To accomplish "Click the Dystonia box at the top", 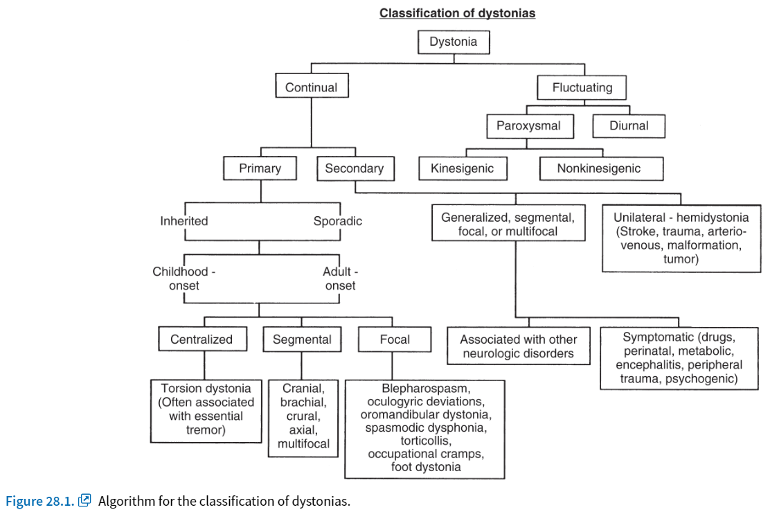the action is click(x=454, y=42).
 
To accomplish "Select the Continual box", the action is click(x=312, y=85).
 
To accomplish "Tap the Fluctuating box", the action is click(x=582, y=87).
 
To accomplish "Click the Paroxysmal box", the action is click(x=528, y=126).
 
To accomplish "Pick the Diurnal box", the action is click(x=629, y=126).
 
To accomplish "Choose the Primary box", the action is click(x=260, y=168).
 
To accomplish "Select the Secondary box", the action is click(x=355, y=168).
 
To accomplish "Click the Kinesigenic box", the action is click(x=463, y=168).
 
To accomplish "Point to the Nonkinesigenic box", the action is click(x=601, y=168).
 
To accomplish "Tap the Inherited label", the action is click(x=184, y=221).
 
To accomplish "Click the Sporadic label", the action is click(x=338, y=221).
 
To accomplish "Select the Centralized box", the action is click(x=202, y=339).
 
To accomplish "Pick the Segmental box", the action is click(x=302, y=339).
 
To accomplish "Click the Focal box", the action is click(x=395, y=339).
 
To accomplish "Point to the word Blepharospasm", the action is click(x=427, y=388).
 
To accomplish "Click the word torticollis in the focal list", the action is click(x=426, y=441).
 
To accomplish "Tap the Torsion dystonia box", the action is click(x=206, y=411).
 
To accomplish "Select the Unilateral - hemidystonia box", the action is click(x=681, y=238).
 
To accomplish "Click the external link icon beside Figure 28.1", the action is click(x=84, y=500).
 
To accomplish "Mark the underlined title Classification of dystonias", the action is click(x=457, y=13).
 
